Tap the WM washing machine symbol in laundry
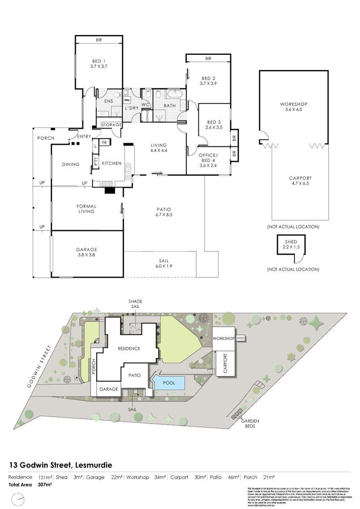coord(127,100)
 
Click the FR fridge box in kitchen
coord(105,142)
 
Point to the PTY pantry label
coord(96,161)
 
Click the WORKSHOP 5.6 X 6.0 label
coord(294,107)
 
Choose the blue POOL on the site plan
coord(169,383)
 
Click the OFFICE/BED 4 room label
coord(208,157)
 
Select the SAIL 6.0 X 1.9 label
coord(161,264)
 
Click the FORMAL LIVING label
coord(86,209)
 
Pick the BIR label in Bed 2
coord(208,58)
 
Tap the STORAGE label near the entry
coord(111,125)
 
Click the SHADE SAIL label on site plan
coord(134,304)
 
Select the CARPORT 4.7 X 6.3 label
coord(300,181)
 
